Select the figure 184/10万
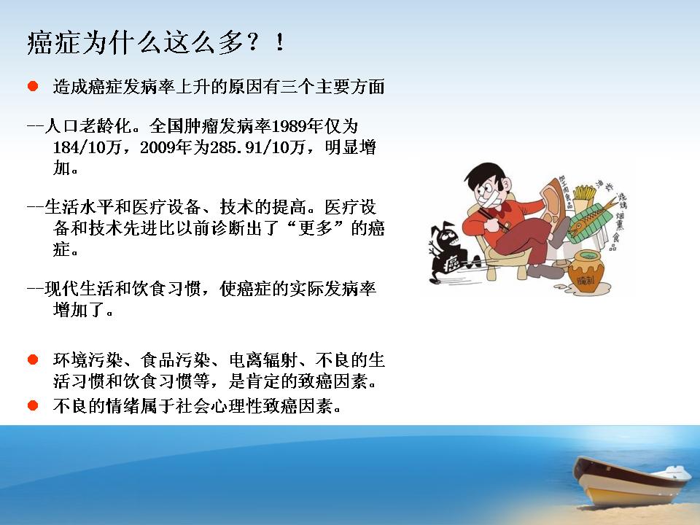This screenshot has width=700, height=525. pos(87,147)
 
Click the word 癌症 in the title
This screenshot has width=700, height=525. pos(55,43)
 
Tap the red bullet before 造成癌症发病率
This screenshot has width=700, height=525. pos(33,86)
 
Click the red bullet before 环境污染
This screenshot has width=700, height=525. pos(33,359)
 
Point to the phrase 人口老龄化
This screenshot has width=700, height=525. pos(88,126)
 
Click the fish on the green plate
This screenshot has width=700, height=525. pos(591,219)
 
